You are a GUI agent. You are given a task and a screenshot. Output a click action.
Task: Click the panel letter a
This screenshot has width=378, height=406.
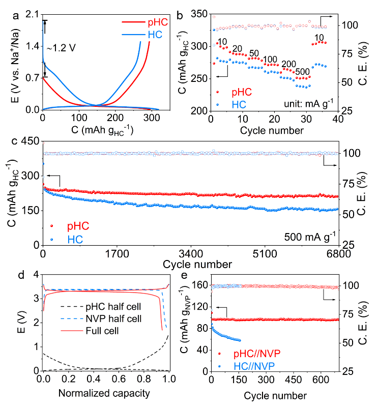(x=16, y=15)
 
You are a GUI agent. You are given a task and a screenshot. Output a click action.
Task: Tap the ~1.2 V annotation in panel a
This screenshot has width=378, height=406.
(x=63, y=48)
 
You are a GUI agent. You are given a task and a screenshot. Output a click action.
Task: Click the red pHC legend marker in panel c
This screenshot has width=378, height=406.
(x=52, y=225)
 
